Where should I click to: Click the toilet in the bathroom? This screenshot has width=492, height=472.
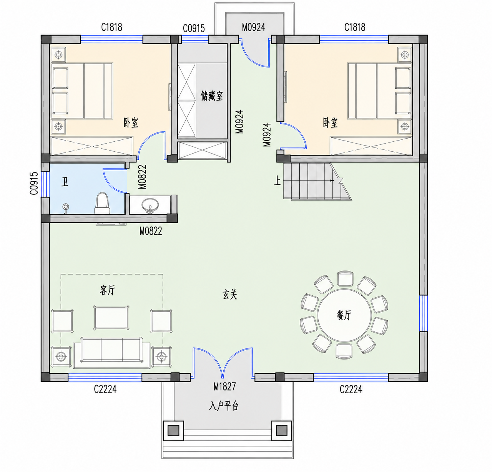(x=102, y=203)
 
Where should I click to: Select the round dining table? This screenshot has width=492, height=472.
(x=344, y=315)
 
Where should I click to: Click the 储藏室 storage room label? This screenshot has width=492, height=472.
(x=212, y=96)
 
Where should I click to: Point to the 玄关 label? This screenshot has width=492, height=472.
(x=230, y=294)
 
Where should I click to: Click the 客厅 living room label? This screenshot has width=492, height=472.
(x=108, y=290)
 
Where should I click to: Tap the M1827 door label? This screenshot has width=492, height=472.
(x=224, y=386)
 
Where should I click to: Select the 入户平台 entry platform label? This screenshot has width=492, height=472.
(x=224, y=406)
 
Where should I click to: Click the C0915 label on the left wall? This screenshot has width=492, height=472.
(x=34, y=184)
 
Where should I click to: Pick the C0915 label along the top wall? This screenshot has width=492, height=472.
(x=194, y=28)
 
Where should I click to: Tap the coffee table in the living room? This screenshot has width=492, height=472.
(x=111, y=318)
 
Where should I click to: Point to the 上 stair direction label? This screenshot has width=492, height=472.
(x=277, y=181)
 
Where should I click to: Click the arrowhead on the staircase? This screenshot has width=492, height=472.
(x=332, y=181)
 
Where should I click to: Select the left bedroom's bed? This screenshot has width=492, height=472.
(x=82, y=91)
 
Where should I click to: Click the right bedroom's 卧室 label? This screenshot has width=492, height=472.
(x=330, y=123)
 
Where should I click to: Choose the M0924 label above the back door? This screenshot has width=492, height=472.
(x=254, y=27)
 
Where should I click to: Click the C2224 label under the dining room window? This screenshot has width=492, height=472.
(x=351, y=389)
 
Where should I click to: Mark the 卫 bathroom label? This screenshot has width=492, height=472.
(x=65, y=182)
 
